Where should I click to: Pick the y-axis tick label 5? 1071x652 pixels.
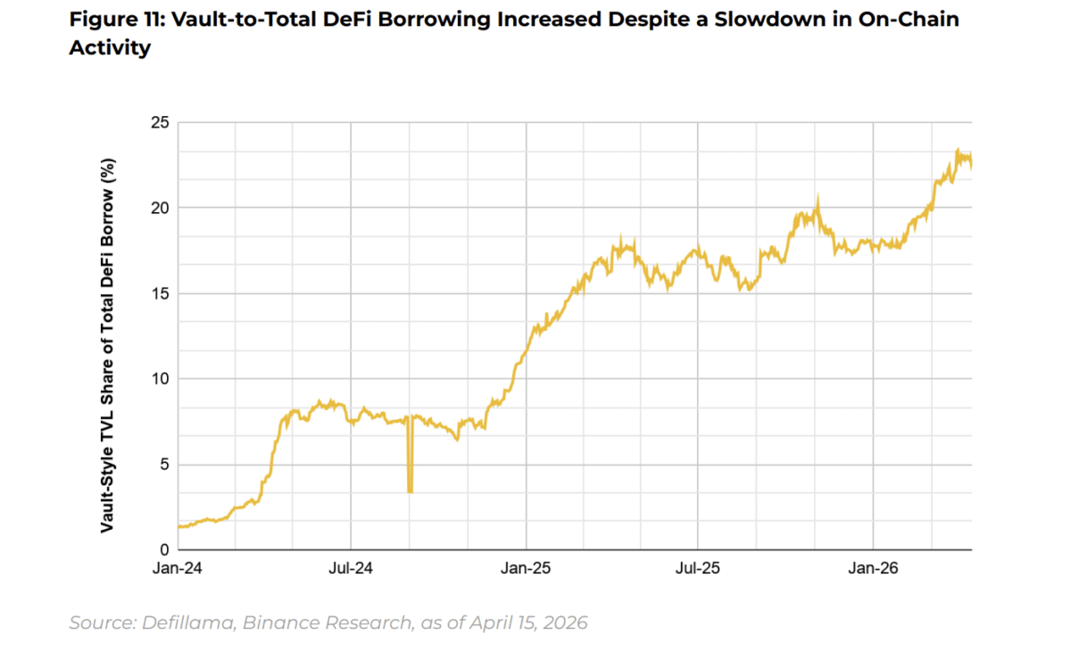click(x=162, y=465)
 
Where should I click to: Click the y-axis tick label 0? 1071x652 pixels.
click(x=162, y=549)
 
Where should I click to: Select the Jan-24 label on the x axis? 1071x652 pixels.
click(x=178, y=567)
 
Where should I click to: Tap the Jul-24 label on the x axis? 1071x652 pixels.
click(x=351, y=567)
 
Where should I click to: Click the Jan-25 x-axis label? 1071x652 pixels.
click(x=526, y=567)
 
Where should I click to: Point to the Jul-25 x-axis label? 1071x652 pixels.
click(x=698, y=567)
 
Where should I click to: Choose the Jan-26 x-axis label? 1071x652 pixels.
click(x=872, y=567)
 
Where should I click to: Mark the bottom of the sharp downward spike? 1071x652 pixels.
click(x=410, y=491)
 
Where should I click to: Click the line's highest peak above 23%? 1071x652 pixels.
click(x=957, y=151)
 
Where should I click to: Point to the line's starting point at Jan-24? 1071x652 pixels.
click(x=179, y=527)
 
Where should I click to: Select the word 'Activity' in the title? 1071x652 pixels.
click(x=110, y=48)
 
